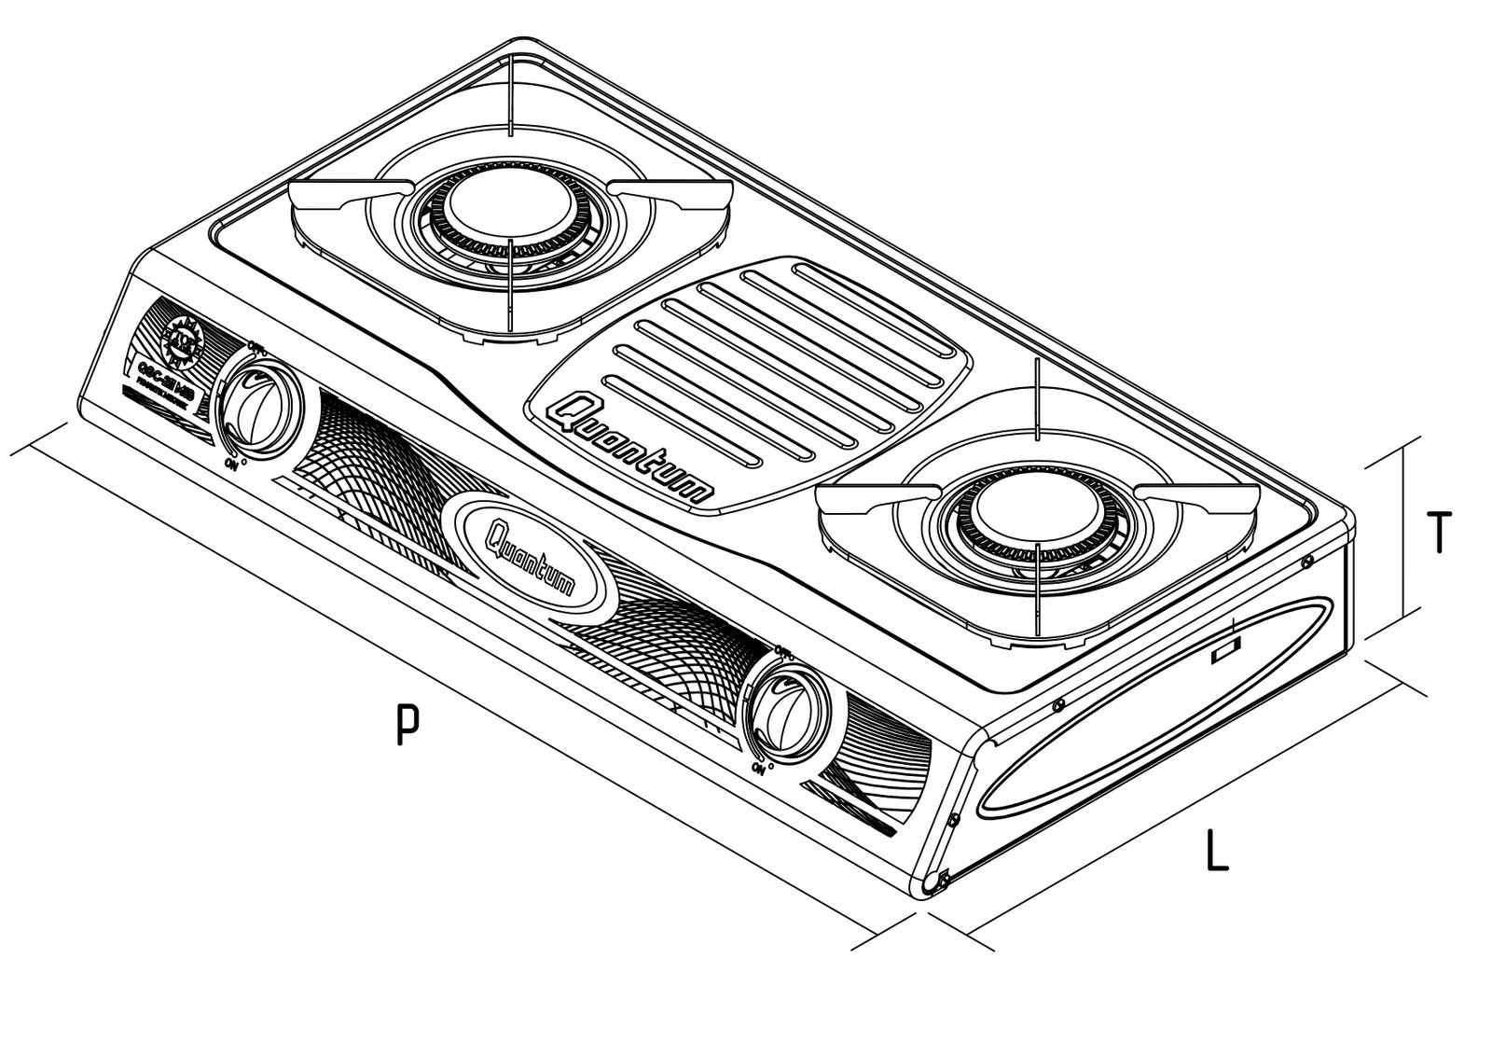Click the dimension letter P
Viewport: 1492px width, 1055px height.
(404, 725)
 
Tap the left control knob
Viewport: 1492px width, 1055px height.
(257, 410)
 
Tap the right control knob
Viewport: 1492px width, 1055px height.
(791, 707)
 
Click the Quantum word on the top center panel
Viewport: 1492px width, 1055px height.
(634, 449)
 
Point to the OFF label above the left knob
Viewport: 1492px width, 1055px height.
(258, 347)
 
